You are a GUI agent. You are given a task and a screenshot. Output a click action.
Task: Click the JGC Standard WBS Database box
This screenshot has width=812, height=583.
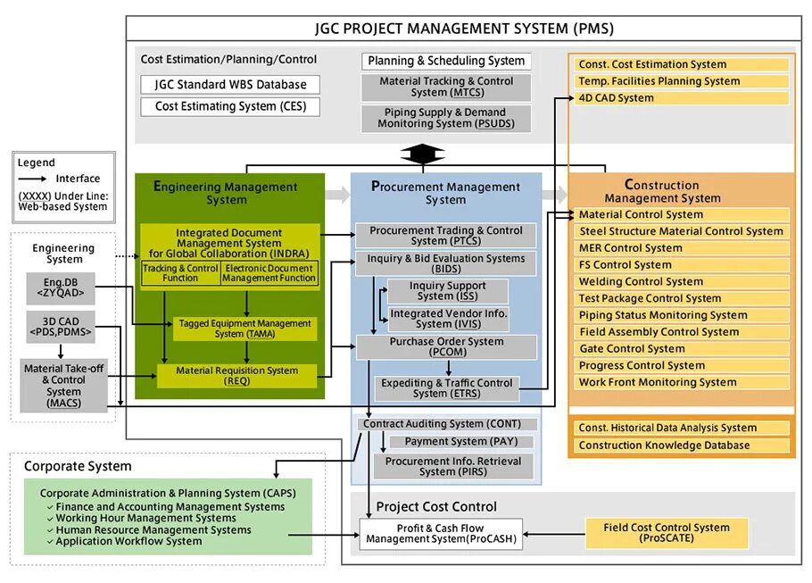click(230, 85)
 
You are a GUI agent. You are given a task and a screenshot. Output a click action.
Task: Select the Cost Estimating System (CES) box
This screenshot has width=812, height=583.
click(230, 106)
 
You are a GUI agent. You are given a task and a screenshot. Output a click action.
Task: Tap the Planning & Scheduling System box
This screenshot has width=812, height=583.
click(446, 61)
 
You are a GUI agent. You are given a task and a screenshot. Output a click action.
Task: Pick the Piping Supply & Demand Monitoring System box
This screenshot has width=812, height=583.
click(446, 119)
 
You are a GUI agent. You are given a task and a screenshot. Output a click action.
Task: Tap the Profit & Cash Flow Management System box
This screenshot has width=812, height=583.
click(441, 533)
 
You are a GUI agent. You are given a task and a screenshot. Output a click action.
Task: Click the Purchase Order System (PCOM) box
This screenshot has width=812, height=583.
click(446, 346)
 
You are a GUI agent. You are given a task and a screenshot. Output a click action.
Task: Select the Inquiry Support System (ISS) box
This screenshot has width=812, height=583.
click(447, 291)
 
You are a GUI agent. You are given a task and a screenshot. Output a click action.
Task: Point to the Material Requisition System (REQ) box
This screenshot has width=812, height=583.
click(237, 376)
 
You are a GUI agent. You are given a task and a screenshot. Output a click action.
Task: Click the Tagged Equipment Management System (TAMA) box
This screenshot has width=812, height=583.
click(237, 329)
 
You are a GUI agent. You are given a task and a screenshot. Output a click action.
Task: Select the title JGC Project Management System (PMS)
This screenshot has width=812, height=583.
click(464, 28)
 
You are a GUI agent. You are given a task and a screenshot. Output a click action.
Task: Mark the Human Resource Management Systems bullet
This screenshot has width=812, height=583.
click(153, 529)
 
